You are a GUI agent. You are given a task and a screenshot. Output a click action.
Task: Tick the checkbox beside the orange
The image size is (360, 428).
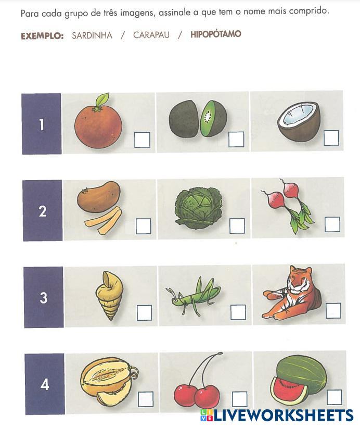(x=143, y=140)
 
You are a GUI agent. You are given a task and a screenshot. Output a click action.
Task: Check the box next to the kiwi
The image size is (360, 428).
(x=236, y=139)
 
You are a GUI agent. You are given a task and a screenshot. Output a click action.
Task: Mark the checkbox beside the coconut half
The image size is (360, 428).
(x=331, y=138)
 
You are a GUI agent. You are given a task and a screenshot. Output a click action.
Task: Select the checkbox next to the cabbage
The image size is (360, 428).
(x=237, y=226)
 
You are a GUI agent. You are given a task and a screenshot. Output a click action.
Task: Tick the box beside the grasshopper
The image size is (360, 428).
(x=238, y=312)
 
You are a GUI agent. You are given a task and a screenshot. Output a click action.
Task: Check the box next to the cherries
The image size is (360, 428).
(x=240, y=399)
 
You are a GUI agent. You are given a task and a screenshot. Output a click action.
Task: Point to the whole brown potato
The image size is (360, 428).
(x=99, y=197)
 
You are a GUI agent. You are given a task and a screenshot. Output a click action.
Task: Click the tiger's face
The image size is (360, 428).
(x=299, y=279)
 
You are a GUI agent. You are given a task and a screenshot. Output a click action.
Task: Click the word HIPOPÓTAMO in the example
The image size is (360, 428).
(x=216, y=34)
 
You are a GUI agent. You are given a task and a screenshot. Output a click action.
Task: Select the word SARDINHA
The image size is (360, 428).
(x=92, y=35)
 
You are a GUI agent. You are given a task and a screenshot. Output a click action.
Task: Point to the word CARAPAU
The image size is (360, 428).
(x=151, y=35)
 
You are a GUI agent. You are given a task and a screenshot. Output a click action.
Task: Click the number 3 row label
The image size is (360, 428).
(x=44, y=297)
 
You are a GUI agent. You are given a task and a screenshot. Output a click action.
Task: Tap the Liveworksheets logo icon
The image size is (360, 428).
(x=207, y=415)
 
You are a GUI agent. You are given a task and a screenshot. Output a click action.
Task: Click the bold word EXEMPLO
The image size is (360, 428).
(x=42, y=36)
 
